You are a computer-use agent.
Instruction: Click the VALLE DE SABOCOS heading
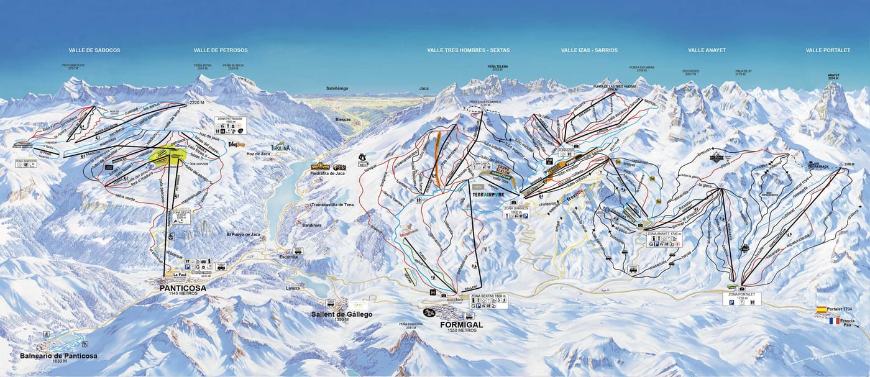pyautogui.click(x=94, y=50)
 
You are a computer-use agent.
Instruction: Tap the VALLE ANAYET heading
pyautogui.click(x=707, y=50)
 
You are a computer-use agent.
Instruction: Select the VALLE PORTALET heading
pyautogui.click(x=828, y=50)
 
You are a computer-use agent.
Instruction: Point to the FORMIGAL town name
pyautogui.click(x=461, y=324)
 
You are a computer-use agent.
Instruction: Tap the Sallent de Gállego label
pyautogui.click(x=342, y=314)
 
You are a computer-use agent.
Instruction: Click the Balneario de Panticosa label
pyautogui.click(x=58, y=356)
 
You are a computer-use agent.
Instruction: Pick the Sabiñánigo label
pyautogui.click(x=341, y=89)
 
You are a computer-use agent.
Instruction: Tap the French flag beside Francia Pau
pyautogui.click(x=833, y=321)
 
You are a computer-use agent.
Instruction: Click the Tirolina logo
pyautogui.click(x=280, y=147)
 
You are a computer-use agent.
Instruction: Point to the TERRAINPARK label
pyautogui.click(x=488, y=194)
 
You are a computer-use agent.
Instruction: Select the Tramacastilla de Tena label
pyautogui.click(x=332, y=204)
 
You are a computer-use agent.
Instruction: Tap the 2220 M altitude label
pyautogui.click(x=198, y=102)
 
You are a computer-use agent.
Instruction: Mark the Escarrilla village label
pyautogui.click(x=288, y=256)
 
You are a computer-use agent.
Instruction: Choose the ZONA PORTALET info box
pyautogui.click(x=742, y=298)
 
